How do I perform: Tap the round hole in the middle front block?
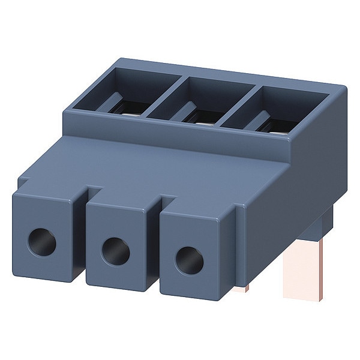click(x=115, y=250)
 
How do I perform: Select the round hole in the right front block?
click(x=188, y=259)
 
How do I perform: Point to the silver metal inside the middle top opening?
click(x=203, y=118)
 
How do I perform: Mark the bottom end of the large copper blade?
click(x=298, y=297)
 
